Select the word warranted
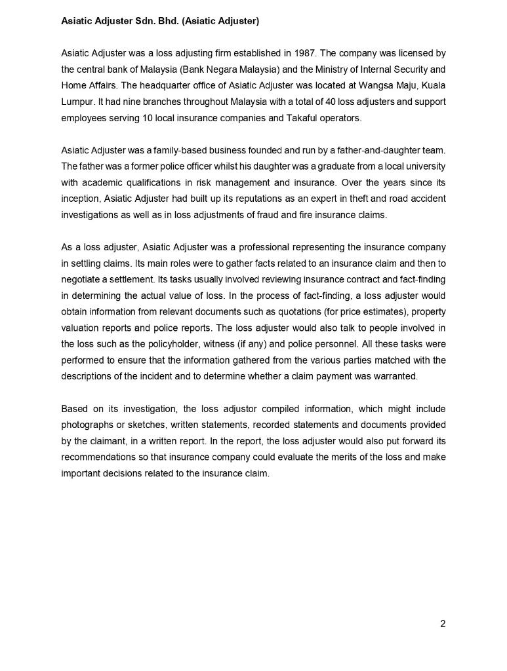point(395,376)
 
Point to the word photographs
point(88,425)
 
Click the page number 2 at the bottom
point(443,624)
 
